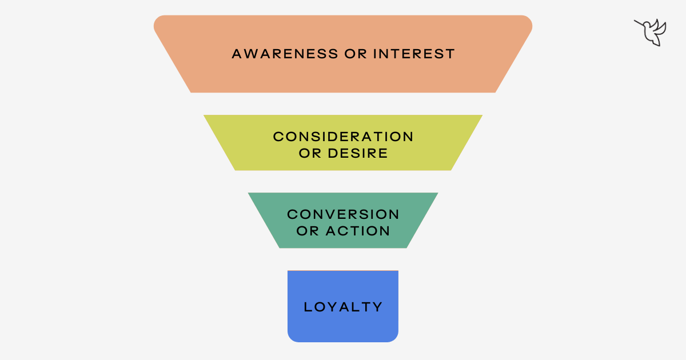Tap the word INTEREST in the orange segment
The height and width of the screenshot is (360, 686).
(414, 54)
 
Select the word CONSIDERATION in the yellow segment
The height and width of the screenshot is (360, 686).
(343, 137)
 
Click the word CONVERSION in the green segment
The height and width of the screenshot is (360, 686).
(343, 214)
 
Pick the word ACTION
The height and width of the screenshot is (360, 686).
(358, 231)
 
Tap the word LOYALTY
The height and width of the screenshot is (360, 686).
(343, 307)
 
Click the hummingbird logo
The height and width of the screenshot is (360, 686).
(651, 32)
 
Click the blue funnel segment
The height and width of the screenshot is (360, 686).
(343, 329)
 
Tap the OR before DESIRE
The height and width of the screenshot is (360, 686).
(308, 154)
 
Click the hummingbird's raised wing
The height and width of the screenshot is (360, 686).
(660, 25)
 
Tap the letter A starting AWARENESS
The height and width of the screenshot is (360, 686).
(237, 54)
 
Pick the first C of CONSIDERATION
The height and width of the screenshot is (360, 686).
(278, 137)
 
